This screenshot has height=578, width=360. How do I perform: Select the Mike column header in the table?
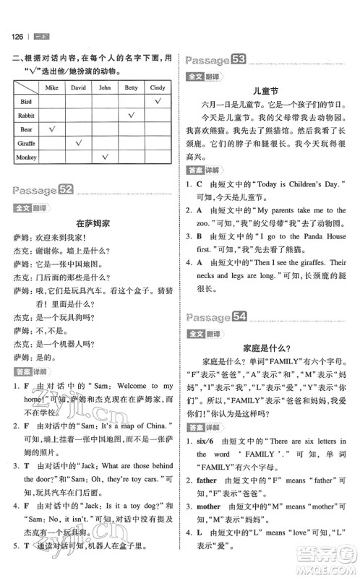[x=51, y=87]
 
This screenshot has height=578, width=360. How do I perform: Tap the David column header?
[x=78, y=87]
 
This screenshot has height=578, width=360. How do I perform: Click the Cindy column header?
[x=157, y=87]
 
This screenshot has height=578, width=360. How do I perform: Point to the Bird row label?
[x=25, y=102]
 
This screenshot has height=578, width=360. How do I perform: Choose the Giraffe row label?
[x=25, y=142]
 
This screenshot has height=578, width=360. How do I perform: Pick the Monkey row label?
[x=25, y=156]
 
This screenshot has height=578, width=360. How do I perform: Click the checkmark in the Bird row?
[x=157, y=102]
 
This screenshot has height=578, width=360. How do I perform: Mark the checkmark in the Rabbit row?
[x=132, y=116]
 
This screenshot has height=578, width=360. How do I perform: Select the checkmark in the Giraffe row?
[x=78, y=142]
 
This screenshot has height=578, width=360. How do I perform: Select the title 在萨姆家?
[x=90, y=224]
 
